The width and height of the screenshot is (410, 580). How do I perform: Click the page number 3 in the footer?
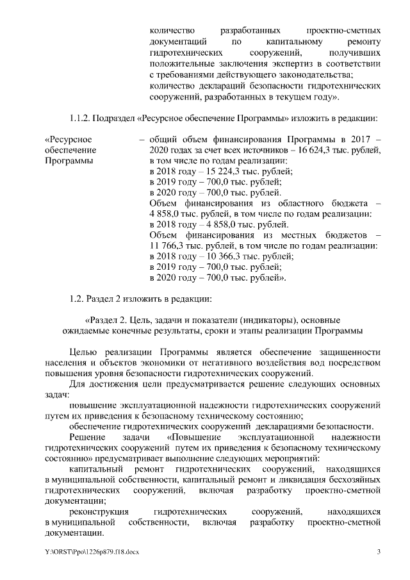click(x=379, y=552)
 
